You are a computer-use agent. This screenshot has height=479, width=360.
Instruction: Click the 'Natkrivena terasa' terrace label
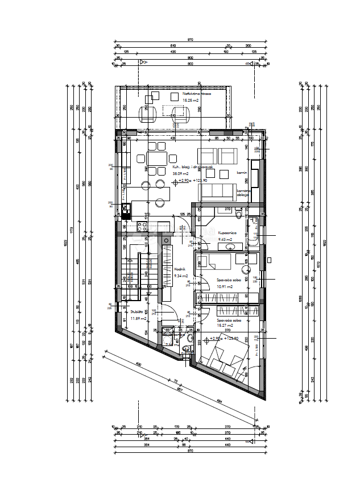point(196,94)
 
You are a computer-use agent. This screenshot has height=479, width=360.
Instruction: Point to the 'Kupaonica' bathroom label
point(227,232)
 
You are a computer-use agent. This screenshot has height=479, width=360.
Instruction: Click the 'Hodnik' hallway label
point(180,270)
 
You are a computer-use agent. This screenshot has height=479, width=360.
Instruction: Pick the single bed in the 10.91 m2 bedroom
point(214,262)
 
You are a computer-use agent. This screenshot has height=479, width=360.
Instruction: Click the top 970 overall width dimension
point(191,40)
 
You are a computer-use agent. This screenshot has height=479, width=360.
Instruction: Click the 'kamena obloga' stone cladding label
point(245,193)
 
